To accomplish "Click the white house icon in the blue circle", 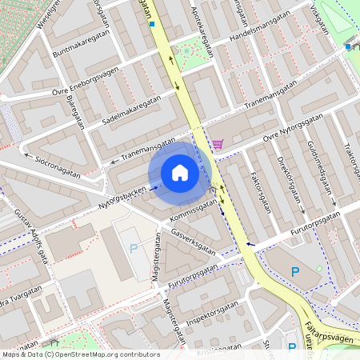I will tap(179, 173).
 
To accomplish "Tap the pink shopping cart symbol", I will tap(218, 144).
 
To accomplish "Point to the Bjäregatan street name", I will tap(77, 111).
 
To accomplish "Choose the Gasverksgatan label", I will tap(194, 239).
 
